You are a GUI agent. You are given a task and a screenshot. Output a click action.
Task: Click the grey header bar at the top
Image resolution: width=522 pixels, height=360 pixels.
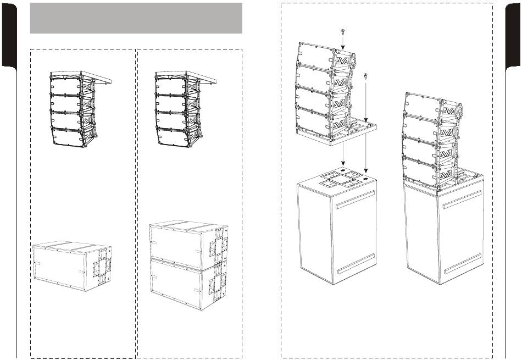(x=136, y=18)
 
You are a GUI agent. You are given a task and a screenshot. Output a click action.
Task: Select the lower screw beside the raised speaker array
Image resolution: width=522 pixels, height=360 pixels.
(x=365, y=75)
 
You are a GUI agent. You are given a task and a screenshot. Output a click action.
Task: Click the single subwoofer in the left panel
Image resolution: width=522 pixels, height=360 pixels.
(x=71, y=267)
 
